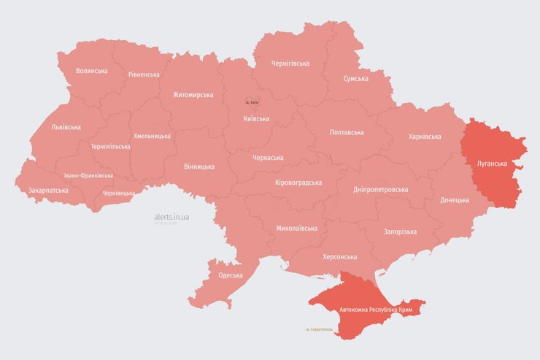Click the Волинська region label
(x=92, y=71)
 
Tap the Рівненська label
(x=144, y=74)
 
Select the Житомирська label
(x=193, y=95)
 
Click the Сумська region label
(x=356, y=79)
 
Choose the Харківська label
(x=425, y=137)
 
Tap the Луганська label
(x=491, y=164)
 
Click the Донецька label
(x=455, y=200)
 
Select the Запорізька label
(x=400, y=231)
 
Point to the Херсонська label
(x=339, y=257)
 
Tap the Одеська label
(x=231, y=275)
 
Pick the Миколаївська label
(x=297, y=229)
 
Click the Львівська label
(x=66, y=127)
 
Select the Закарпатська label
(x=48, y=191)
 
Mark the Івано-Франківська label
(x=88, y=176)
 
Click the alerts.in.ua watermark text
(x=171, y=217)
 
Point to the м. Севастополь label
(x=320, y=329)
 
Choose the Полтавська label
(x=347, y=132)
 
